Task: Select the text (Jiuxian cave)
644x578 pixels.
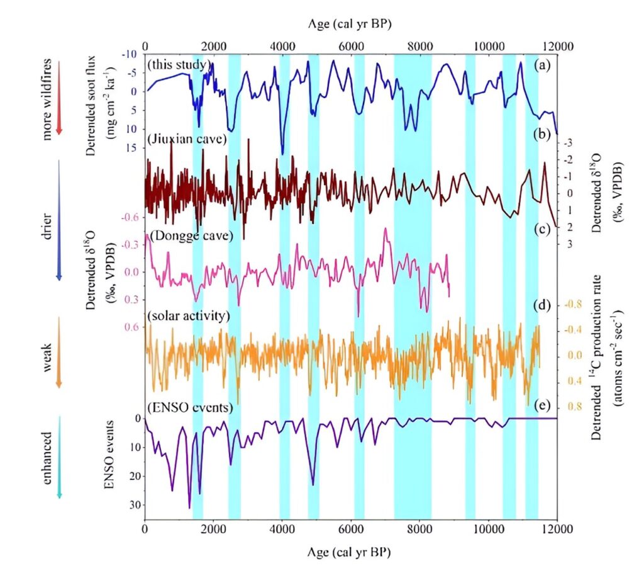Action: pos(187,139)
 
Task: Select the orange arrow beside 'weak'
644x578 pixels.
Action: pos(59,353)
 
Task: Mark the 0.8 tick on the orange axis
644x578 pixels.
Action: pos(575,407)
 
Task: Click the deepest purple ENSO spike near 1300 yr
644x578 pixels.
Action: pos(189,507)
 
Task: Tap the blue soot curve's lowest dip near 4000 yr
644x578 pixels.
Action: pos(282,154)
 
